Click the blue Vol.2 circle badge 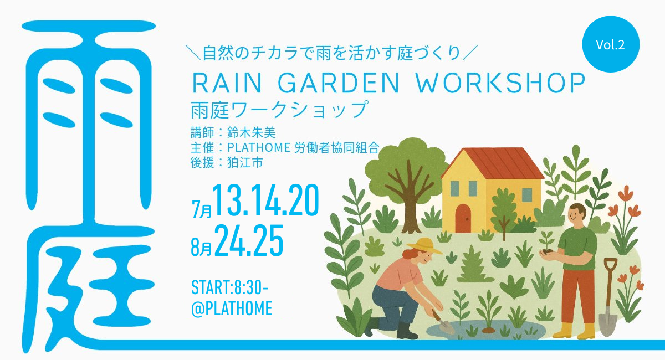coord(611,44)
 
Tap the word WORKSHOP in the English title coord(500,83)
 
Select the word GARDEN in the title coord(339,83)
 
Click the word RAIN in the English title coord(227,83)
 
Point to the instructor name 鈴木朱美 coord(252,133)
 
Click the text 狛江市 coord(245,162)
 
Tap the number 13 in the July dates coord(228,200)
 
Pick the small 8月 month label coord(201,248)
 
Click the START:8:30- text coord(230,287)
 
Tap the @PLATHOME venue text coord(232,308)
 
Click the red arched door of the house coord(463,218)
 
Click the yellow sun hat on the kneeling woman coord(424,246)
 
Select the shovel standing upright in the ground coord(609,297)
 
